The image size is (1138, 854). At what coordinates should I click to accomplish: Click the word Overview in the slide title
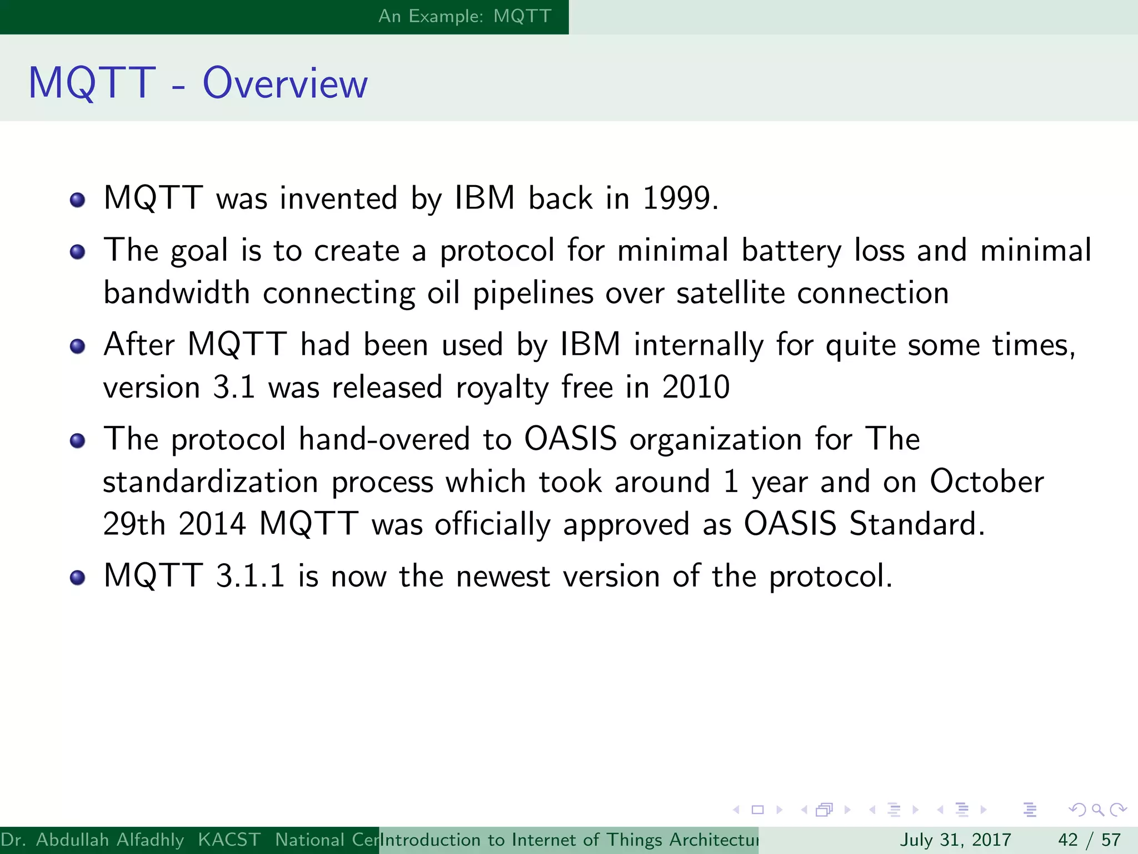pos(284,83)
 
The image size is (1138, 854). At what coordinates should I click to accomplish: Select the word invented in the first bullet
pos(338,198)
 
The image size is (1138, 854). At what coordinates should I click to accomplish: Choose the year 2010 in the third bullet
pos(696,387)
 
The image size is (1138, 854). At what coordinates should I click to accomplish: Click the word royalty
pos(502,388)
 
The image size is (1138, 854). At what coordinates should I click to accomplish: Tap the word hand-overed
pos(385,439)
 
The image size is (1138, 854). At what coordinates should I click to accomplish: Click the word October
pos(986,481)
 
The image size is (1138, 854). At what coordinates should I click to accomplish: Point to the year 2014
pos(212,524)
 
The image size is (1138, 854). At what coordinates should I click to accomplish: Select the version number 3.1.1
pos(250,576)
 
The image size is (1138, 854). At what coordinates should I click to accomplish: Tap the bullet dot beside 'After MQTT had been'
pos(78,347)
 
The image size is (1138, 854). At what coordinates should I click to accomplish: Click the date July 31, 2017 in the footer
pos(955,840)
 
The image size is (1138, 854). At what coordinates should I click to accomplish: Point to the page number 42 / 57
pos(1089,840)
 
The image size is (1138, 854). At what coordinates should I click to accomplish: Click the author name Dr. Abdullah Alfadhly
pos(92,840)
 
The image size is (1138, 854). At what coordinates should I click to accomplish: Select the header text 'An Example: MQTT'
pos(465,16)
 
